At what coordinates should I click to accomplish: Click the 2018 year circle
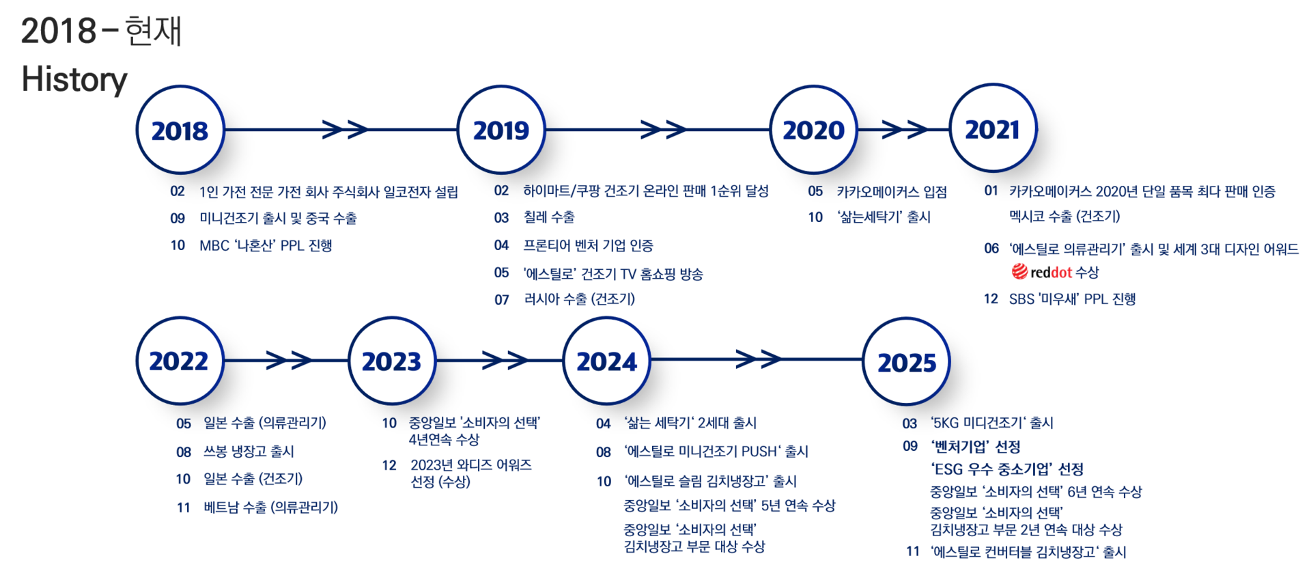pos(180,129)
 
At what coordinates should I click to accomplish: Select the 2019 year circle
pos(501,129)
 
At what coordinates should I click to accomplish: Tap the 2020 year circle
pos(813,129)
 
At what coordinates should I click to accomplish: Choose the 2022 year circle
pos(179,360)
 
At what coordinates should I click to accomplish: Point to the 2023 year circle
pos(391,360)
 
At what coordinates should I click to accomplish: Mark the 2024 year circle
pos(606,360)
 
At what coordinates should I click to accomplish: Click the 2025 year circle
pos(906,361)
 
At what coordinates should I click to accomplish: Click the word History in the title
pos(74,79)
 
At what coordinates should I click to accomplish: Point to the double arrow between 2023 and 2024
pos(505,359)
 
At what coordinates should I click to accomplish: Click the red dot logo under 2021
pos(1020,272)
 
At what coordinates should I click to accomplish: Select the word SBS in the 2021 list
pos(1021,299)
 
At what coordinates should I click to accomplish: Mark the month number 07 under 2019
pos(502,300)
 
